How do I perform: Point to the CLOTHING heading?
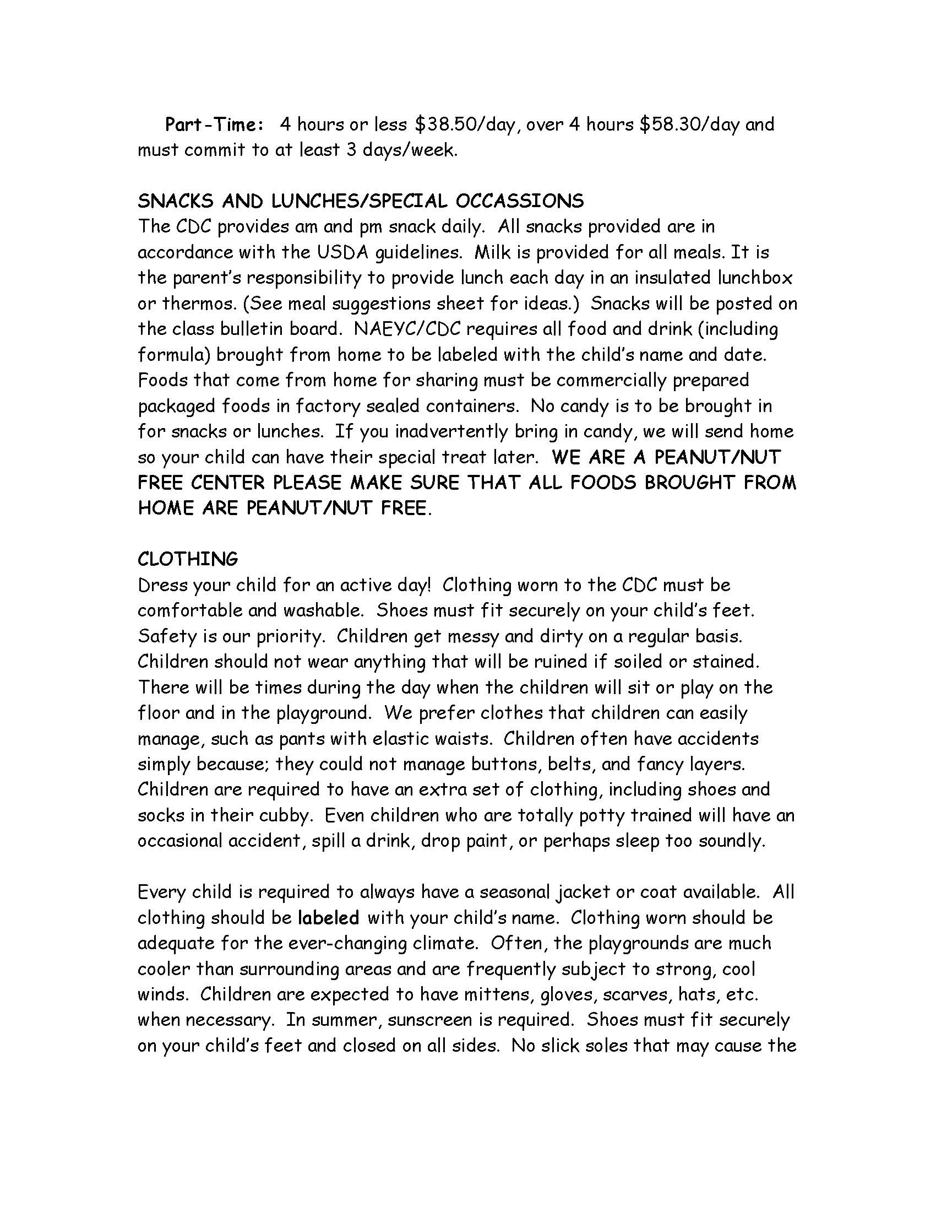pyautogui.click(x=187, y=559)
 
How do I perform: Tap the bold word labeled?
pyautogui.click(x=328, y=918)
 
